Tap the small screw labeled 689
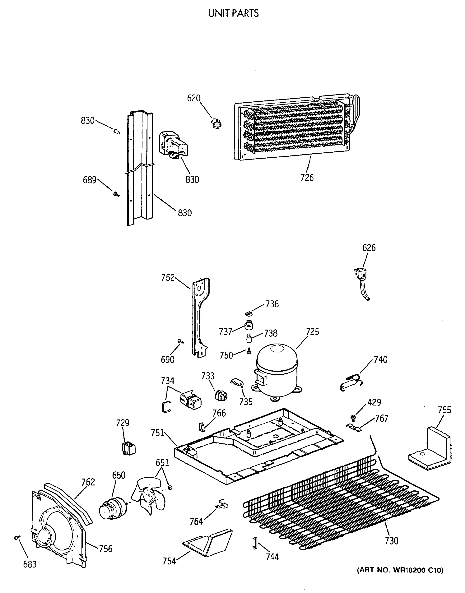tap(116, 194)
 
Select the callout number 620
tap(194, 98)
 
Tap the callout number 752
tap(168, 278)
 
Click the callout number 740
tap(380, 360)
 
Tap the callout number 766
tap(219, 413)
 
